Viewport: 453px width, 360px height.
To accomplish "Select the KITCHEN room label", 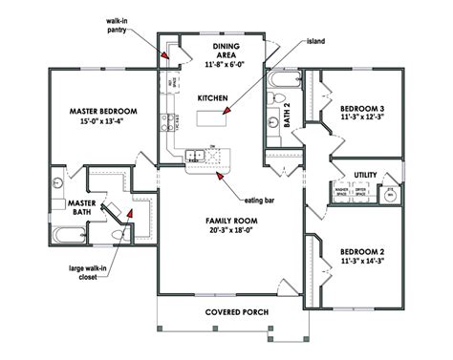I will click(x=211, y=98).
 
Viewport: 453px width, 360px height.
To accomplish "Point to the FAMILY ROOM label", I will click(x=228, y=221).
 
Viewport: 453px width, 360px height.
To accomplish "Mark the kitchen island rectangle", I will click(x=213, y=118).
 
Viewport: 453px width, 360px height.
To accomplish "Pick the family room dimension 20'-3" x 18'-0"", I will click(x=228, y=231).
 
